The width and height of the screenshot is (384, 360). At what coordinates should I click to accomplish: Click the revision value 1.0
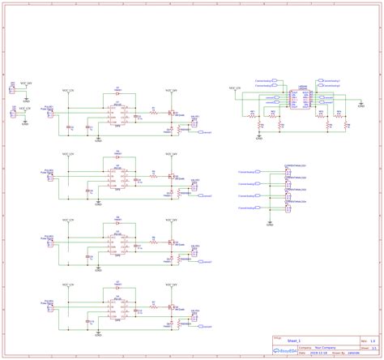point(373,341)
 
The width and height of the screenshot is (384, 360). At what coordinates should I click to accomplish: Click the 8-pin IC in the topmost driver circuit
point(117,111)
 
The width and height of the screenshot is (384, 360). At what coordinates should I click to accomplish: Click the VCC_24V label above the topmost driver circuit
point(171,90)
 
